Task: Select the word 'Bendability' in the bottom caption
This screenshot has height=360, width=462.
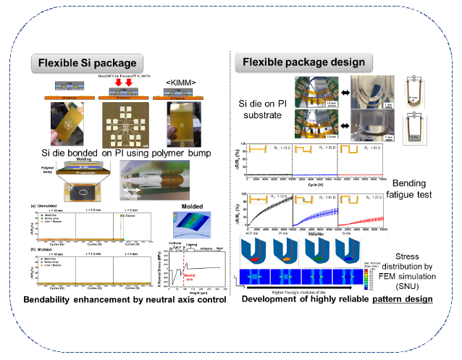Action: point(51,298)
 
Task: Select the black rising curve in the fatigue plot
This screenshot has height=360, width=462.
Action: point(268,210)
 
